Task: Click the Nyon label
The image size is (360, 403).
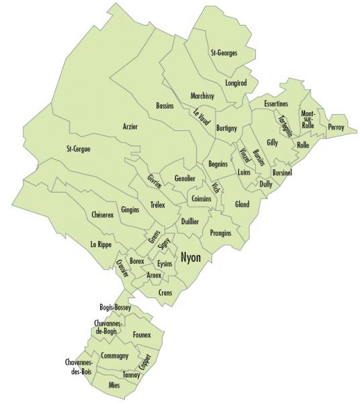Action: tap(191, 256)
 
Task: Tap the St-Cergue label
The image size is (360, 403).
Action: tap(78, 148)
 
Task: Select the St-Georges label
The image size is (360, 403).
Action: tap(224, 52)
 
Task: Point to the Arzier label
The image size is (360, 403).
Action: tap(130, 126)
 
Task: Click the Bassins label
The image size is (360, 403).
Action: tap(165, 106)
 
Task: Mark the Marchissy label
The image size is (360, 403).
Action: tap(201, 96)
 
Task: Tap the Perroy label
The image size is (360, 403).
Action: tap(336, 126)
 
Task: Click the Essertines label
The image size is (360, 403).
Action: tap(276, 104)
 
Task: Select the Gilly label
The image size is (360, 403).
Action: tap(272, 142)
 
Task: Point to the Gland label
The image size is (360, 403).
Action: tap(242, 204)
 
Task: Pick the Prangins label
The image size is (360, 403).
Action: tap(220, 232)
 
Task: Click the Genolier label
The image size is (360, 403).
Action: tap(185, 179)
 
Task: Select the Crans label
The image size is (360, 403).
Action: tap(165, 293)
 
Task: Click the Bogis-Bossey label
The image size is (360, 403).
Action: tap(114, 308)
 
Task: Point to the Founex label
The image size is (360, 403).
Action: tap(142, 334)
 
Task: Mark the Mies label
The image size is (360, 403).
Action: tap(115, 386)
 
